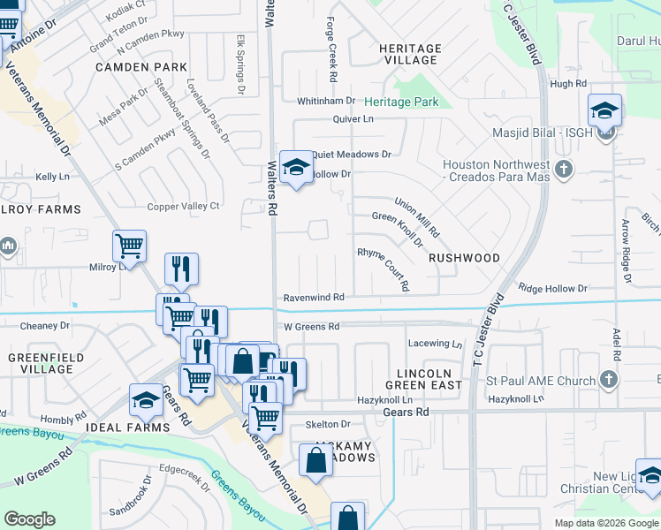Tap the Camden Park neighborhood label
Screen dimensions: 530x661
(x=141, y=67)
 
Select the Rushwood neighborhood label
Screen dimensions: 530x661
(x=464, y=258)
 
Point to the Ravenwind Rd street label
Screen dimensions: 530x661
(x=313, y=299)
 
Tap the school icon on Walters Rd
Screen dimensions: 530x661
(x=296, y=166)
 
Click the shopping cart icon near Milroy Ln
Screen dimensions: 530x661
(x=129, y=246)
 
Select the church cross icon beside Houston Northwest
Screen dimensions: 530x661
(x=563, y=168)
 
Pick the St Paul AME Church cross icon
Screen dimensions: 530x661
(x=607, y=380)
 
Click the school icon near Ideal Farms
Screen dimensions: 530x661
(x=146, y=400)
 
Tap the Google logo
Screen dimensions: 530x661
(x=29, y=519)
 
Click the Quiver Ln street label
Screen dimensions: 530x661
(x=353, y=119)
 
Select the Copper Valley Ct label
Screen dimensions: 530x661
(x=183, y=207)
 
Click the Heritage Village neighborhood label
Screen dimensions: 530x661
(x=410, y=54)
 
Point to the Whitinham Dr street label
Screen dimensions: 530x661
(x=325, y=102)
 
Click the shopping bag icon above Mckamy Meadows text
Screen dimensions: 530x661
(x=315, y=459)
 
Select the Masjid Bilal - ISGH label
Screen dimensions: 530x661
(x=541, y=134)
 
